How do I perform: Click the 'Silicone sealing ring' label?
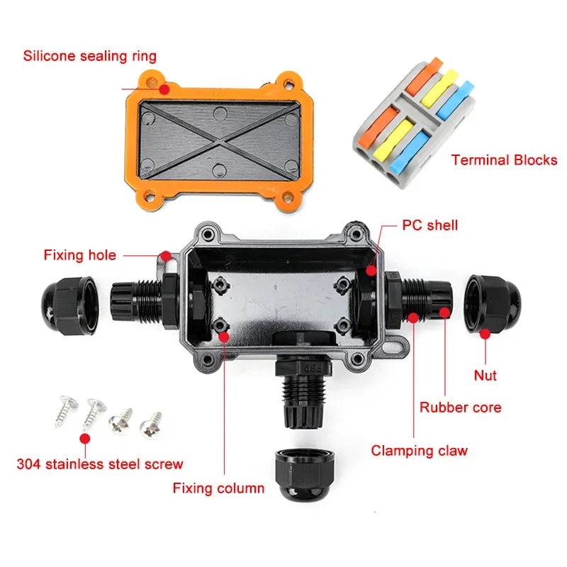pyautogui.click(x=90, y=56)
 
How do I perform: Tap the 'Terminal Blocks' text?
pyautogui.click(x=504, y=160)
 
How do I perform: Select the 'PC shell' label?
pyautogui.click(x=430, y=225)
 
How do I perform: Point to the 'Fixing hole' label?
pyautogui.click(x=80, y=255)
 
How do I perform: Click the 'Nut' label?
pyautogui.click(x=485, y=375)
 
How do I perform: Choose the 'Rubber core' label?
pyautogui.click(x=460, y=408)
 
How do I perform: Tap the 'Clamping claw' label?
pyautogui.click(x=419, y=451)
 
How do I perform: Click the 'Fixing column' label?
pyautogui.click(x=218, y=488)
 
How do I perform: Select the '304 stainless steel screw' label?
pyautogui.click(x=100, y=464)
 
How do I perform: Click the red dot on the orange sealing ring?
pyautogui.click(x=164, y=89)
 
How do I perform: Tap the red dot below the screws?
pyautogui.click(x=85, y=439)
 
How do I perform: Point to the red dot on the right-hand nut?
pyautogui.click(x=485, y=334)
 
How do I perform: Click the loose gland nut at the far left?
pyautogui.click(x=69, y=305)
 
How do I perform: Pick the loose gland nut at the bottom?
pyautogui.click(x=305, y=474)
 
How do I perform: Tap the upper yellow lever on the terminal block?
pyautogui.click(x=439, y=86)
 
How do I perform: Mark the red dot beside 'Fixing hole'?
pyautogui.click(x=166, y=256)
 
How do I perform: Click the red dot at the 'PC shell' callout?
pyautogui.click(x=371, y=270)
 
